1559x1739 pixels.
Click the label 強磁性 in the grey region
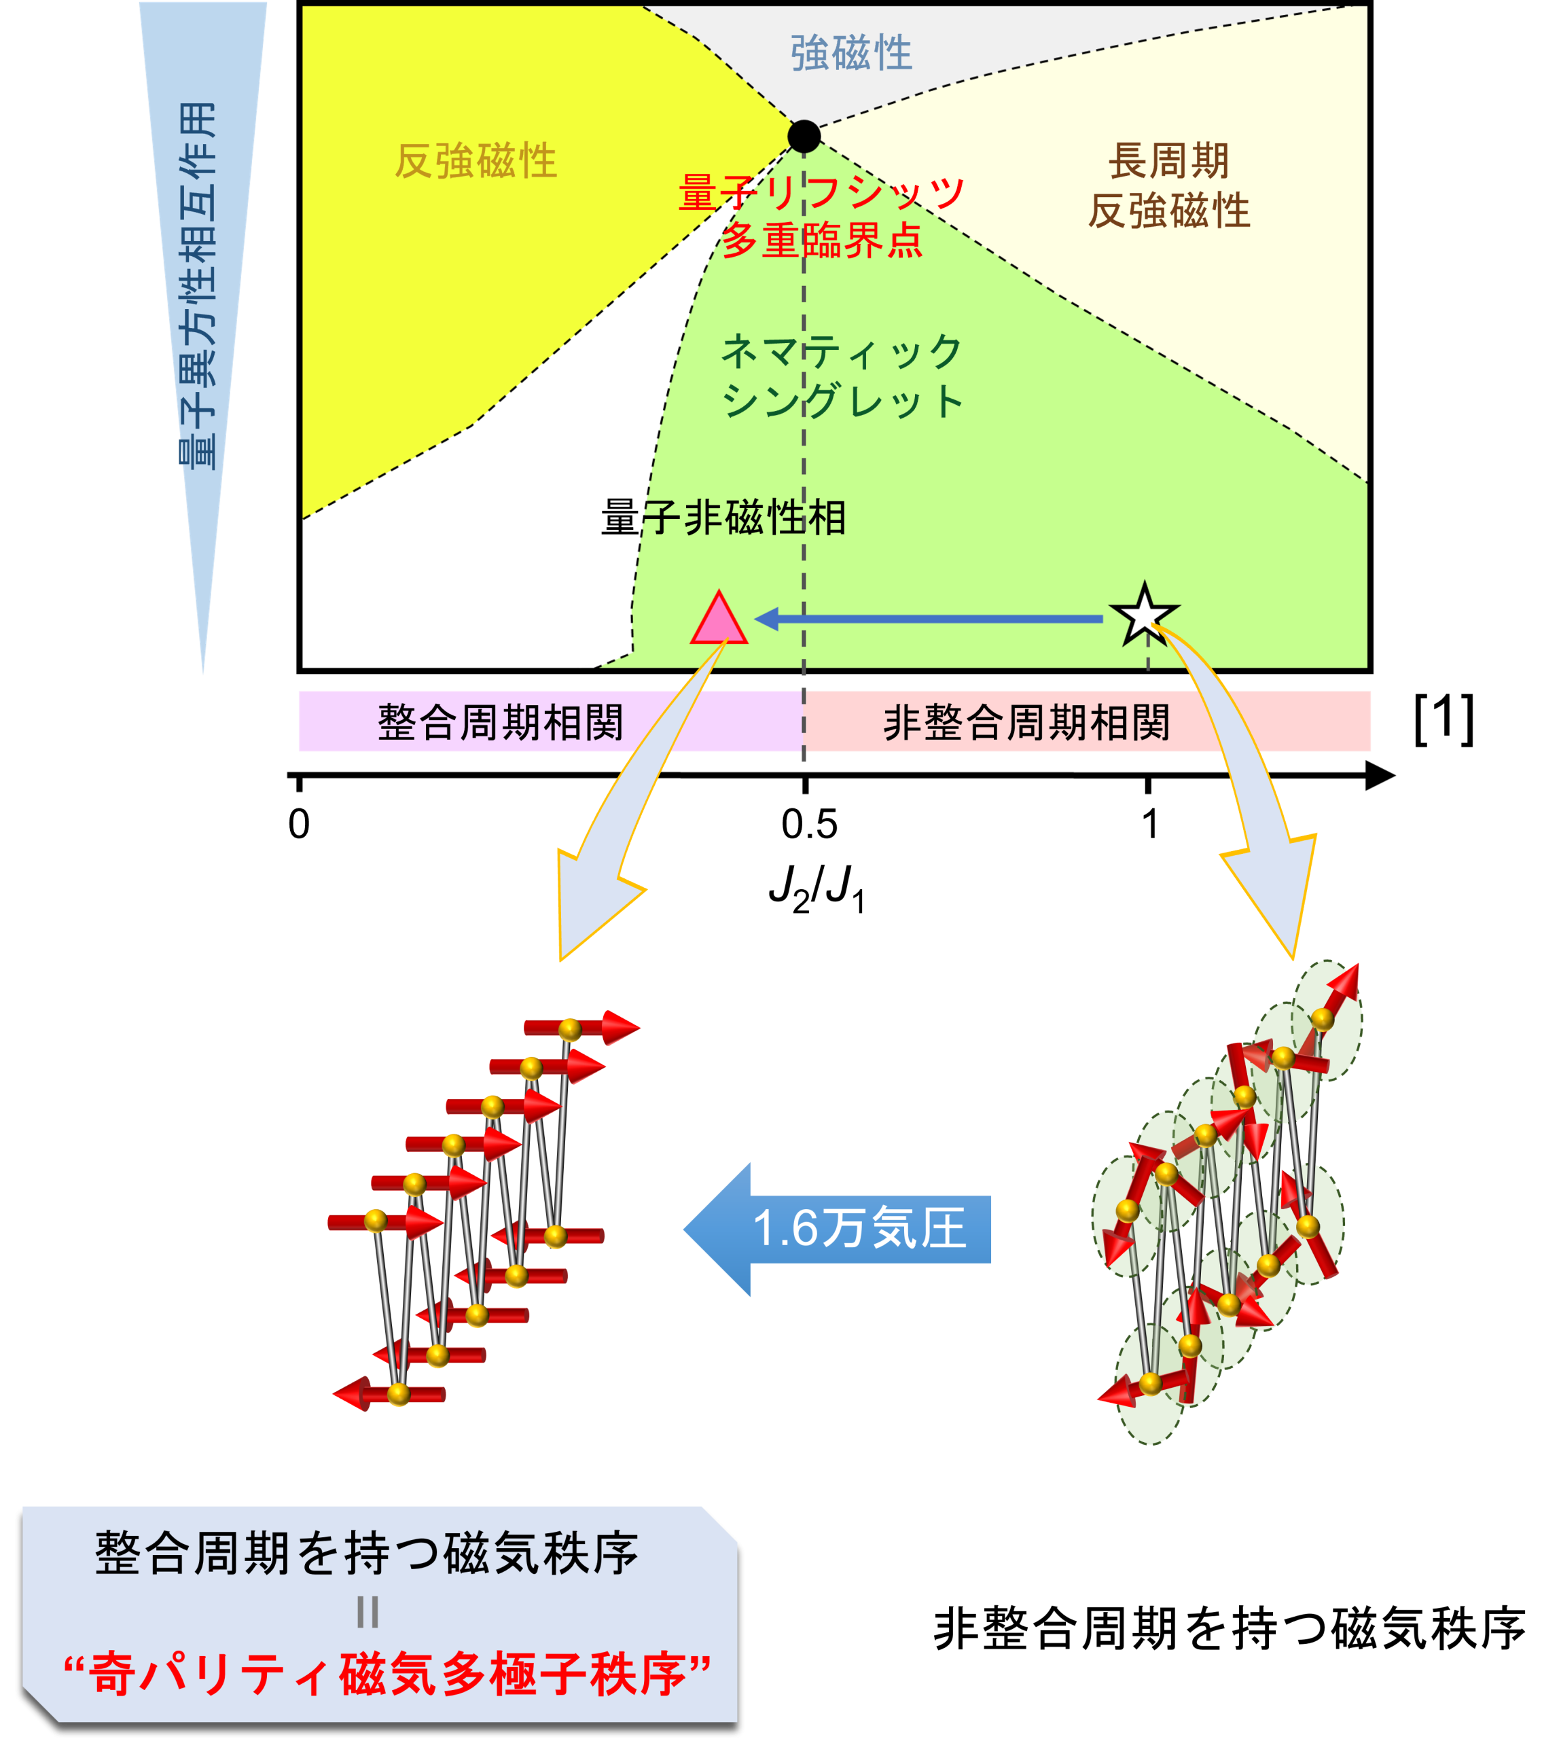[x=850, y=53]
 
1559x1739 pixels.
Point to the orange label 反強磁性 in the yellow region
[x=476, y=161]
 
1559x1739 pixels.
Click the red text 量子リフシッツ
[x=821, y=193]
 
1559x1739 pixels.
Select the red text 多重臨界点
[x=821, y=240]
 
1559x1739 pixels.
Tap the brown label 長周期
[x=1168, y=161]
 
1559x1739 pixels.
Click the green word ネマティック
[x=841, y=352]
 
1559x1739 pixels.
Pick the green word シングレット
[x=841, y=401]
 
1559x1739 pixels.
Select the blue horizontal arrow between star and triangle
[x=929, y=619]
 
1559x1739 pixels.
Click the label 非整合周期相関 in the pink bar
[x=1026, y=722]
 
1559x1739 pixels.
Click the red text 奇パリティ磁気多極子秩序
[x=387, y=1674]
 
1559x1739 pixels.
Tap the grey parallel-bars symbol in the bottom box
[x=367, y=1612]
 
